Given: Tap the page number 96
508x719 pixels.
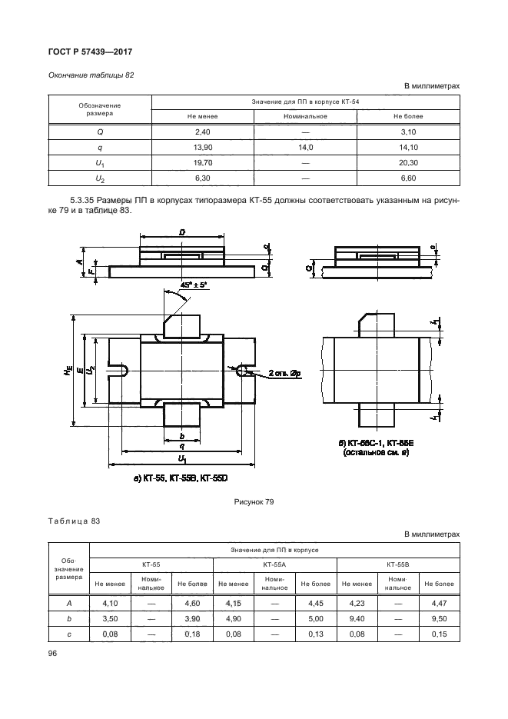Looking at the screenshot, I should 53,652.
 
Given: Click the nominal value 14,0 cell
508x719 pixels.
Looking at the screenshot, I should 306,146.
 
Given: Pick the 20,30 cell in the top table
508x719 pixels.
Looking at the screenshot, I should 408,162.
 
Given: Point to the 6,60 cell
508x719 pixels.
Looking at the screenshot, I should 408,178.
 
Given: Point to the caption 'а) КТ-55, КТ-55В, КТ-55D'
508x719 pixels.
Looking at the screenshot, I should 181,478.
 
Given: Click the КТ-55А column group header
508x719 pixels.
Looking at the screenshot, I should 274,564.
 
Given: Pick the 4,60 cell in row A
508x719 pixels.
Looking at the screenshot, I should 188,604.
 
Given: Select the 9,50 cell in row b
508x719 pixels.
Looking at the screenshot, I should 437,618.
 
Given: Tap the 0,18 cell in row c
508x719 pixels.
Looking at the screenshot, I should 188,633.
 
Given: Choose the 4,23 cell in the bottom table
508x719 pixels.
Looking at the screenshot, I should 357,604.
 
